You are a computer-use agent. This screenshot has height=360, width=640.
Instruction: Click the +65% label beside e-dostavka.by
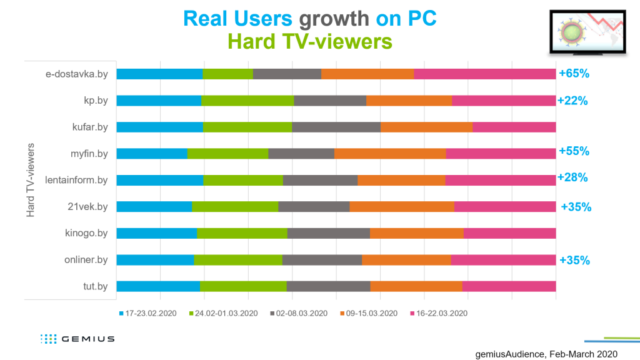click(x=574, y=74)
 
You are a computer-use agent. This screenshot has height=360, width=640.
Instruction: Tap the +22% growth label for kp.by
click(x=572, y=101)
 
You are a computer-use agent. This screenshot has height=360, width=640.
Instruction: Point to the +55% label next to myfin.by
click(x=574, y=151)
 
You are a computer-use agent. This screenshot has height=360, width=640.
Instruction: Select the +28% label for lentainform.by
click(x=572, y=177)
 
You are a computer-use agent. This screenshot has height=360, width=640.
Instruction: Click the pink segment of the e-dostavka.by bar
click(x=485, y=74)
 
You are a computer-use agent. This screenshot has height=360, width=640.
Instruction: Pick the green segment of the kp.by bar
click(x=247, y=101)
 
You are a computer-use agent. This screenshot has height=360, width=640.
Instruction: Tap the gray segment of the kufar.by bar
click(x=336, y=127)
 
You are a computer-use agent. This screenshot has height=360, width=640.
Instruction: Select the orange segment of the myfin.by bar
click(x=390, y=154)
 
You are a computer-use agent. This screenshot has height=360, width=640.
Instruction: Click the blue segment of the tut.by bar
click(x=158, y=286)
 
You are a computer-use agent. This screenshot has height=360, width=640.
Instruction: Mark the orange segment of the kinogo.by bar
click(x=417, y=233)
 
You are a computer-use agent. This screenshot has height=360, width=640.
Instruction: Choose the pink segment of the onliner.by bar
click(x=503, y=259)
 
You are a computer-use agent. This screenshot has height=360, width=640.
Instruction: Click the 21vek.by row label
click(x=87, y=206)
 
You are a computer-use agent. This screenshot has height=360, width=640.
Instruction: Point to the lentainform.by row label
click(x=76, y=180)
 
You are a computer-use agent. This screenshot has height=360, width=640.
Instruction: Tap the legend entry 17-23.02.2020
click(x=147, y=314)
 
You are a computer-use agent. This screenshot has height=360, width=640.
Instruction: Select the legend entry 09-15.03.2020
click(x=369, y=314)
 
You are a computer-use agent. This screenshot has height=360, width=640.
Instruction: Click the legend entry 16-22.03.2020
click(x=439, y=314)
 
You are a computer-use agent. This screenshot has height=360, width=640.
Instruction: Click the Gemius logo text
click(x=87, y=339)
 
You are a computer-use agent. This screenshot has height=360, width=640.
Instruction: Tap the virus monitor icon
click(x=587, y=32)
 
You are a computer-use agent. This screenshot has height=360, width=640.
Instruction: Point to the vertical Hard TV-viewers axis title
click(x=30, y=180)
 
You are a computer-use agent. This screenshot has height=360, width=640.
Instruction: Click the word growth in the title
click(x=334, y=19)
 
